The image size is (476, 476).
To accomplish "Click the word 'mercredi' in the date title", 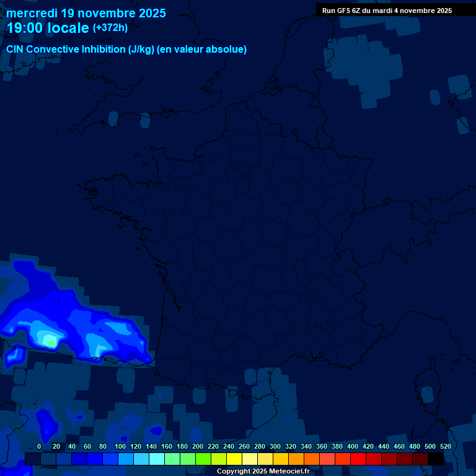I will (x=32, y=13).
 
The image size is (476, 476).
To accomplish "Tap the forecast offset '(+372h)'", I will (x=110, y=28).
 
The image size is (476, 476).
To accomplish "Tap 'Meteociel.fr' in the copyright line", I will (x=289, y=472).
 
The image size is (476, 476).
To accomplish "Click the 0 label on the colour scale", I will (x=39, y=446).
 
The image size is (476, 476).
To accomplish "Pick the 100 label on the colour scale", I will (x=120, y=446).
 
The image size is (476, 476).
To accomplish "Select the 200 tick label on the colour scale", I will (x=198, y=446).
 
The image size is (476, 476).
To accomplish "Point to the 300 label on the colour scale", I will (x=275, y=446).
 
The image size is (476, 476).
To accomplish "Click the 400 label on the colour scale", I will (x=353, y=446).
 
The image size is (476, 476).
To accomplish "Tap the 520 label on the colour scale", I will (x=445, y=446).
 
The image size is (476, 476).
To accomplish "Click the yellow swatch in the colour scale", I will (x=234, y=459).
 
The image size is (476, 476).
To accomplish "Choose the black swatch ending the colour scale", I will (x=436, y=459).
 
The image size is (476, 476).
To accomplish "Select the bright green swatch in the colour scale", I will (x=203, y=459).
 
